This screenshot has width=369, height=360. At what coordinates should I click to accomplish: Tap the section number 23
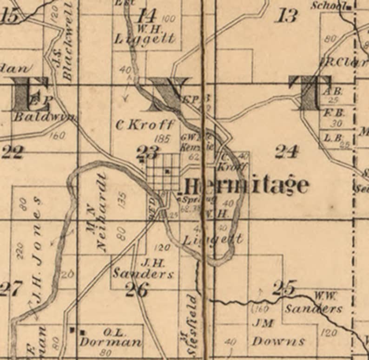147,151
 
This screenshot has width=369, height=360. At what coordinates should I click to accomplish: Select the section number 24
286,151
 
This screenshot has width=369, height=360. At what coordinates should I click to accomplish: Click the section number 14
146,16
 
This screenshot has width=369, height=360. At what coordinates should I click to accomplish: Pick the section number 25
283,288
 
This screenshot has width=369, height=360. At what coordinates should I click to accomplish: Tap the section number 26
137,290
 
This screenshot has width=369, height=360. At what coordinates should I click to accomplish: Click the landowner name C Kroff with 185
145,124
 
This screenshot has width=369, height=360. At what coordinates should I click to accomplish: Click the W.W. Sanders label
314,304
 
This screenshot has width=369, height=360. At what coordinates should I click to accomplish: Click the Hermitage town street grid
164,171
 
